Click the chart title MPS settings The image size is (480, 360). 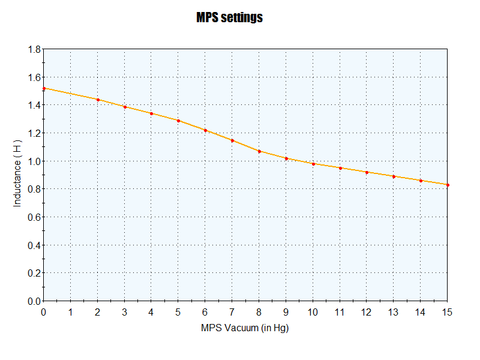tap(230, 17)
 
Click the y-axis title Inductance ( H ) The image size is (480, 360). tap(17, 175)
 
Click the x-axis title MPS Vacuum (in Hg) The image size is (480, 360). tap(245, 328)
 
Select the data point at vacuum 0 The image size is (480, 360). tap(44, 88)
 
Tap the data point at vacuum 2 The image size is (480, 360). tap(98, 100)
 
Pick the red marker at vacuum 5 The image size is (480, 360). tap(178, 121)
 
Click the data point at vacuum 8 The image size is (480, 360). tap(259, 151)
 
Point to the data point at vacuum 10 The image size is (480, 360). tap(313, 164)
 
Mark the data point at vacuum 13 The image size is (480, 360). tap(394, 176)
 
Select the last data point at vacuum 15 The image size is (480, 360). tap(448, 185)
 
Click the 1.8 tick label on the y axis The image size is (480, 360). tap(34, 49)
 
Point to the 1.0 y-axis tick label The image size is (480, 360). tap(34, 161)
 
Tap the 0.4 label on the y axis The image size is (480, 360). tap(34, 245)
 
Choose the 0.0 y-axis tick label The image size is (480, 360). tap(34, 301)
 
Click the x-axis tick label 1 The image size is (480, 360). tap(71, 312)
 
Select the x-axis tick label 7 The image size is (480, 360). tap(232, 312)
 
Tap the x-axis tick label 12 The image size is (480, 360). tap(367, 312)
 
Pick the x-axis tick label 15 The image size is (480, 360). tap(447, 312)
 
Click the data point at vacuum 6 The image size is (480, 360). tap(205, 130)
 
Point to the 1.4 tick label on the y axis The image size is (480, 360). tap(34, 105)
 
